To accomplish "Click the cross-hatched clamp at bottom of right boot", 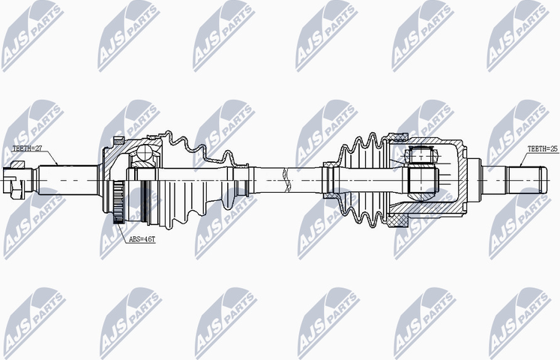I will (x=398, y=222).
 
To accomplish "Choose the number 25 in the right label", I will (x=554, y=150).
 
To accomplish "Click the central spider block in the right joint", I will (x=424, y=180).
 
